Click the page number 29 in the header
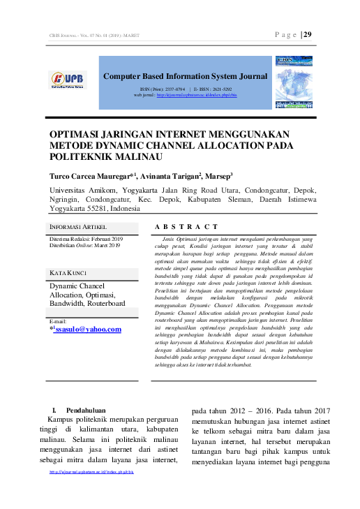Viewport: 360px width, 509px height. coord(307,35)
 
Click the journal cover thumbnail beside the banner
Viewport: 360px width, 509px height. coord(294,83)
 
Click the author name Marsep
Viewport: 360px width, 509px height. coord(218,176)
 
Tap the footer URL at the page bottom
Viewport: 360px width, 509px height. coord(91,471)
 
